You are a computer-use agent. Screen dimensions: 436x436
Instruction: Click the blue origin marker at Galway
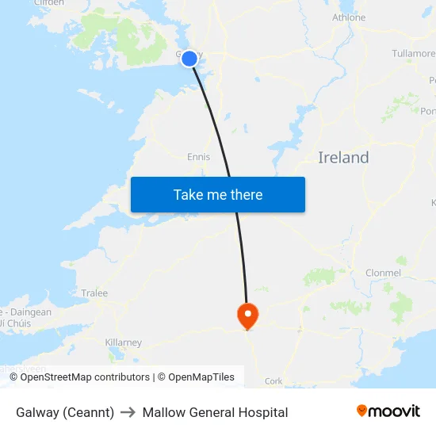(x=189, y=58)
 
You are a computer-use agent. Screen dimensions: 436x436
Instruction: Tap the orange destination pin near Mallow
(x=247, y=315)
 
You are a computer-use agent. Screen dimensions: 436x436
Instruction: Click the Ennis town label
(x=198, y=157)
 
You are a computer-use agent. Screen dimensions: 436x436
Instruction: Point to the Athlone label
(x=349, y=17)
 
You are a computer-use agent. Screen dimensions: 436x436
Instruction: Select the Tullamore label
(x=413, y=54)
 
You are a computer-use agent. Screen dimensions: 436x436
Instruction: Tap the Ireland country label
(x=343, y=157)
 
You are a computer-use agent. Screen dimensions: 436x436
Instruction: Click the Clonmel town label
(x=383, y=273)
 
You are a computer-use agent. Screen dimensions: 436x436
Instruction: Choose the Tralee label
(x=94, y=293)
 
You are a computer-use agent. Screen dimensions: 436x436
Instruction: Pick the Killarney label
(x=123, y=342)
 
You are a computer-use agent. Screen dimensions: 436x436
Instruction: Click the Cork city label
(x=273, y=381)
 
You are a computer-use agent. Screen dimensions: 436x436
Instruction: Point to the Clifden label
(x=48, y=3)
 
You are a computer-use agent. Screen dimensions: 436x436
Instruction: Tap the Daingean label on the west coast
(x=32, y=312)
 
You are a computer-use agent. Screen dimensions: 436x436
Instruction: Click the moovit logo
(x=388, y=411)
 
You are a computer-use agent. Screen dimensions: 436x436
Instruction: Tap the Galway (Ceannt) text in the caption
(x=65, y=412)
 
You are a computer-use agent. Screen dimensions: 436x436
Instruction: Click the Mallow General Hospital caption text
(x=215, y=412)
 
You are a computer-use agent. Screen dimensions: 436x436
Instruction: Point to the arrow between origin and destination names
(x=128, y=412)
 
